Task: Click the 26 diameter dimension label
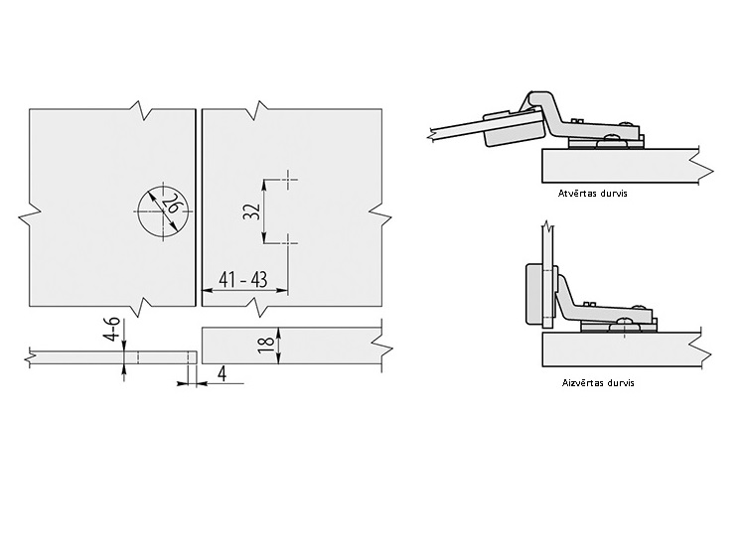171,205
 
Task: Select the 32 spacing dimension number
251,211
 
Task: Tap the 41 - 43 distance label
242,279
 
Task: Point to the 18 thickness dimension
267,345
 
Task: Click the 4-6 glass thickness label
112,330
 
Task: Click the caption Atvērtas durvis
592,194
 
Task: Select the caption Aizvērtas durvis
598,383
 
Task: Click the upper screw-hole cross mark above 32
288,180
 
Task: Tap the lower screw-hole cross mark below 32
288,243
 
